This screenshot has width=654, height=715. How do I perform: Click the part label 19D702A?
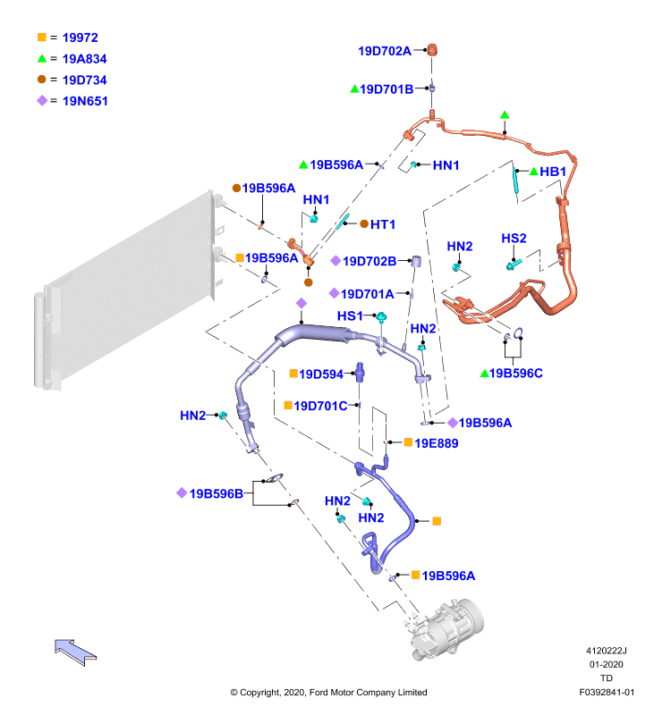click(x=385, y=51)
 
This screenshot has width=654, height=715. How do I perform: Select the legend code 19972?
click(x=80, y=38)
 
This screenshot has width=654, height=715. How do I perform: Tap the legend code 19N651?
click(x=85, y=101)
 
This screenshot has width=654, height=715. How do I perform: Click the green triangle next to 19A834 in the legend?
click(x=42, y=58)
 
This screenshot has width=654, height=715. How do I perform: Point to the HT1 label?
click(x=382, y=224)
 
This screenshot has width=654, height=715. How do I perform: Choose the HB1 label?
click(x=553, y=172)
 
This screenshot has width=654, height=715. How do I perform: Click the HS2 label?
click(x=514, y=239)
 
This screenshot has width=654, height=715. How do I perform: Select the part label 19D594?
click(x=321, y=374)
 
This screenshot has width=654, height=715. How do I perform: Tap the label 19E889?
click(x=437, y=443)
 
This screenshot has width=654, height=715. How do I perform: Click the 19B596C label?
click(x=515, y=374)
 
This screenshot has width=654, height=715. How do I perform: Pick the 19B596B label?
click(x=216, y=494)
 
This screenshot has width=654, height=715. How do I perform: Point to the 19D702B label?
click(x=369, y=261)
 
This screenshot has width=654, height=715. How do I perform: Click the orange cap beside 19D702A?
click(x=432, y=49)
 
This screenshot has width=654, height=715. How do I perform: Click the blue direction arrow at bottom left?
click(x=75, y=652)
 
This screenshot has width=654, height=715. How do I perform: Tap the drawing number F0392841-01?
click(x=607, y=692)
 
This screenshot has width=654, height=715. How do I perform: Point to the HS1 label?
click(x=350, y=316)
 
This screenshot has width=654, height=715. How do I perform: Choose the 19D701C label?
click(x=320, y=406)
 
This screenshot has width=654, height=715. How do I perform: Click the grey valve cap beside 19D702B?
click(x=416, y=262)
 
